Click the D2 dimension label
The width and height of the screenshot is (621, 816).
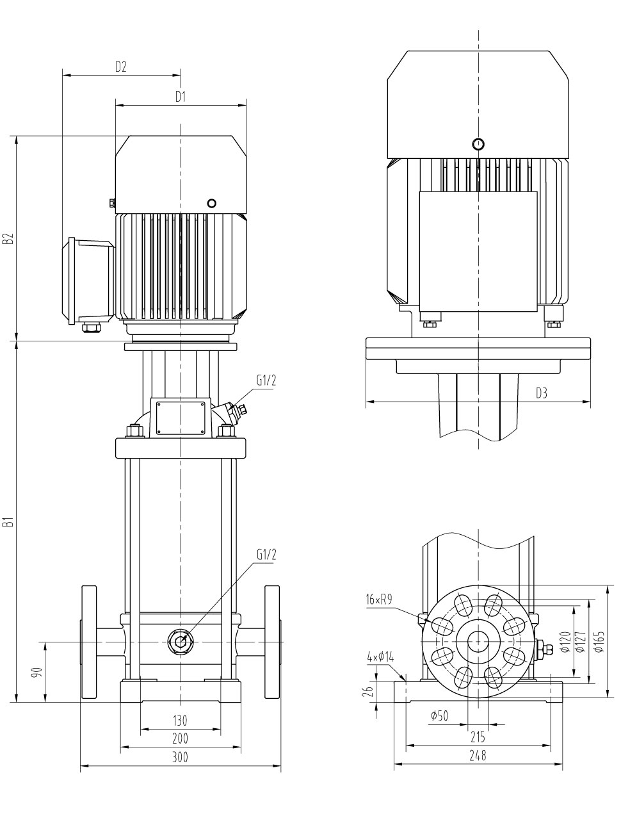121,66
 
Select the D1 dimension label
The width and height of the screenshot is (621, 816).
181,97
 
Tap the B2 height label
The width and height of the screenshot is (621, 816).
8,239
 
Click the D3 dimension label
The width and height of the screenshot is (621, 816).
542,393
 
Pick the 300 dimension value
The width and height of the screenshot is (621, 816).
181,758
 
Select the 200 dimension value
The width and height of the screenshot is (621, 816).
181,738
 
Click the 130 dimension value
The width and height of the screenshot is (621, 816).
181,721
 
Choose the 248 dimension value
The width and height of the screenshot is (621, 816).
478,756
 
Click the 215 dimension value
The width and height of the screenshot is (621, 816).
478,737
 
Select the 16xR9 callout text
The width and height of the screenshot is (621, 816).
379,600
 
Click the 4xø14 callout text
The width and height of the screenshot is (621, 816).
381,657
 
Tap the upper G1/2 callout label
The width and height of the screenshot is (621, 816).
266,380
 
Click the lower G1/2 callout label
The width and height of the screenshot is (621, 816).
266,555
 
